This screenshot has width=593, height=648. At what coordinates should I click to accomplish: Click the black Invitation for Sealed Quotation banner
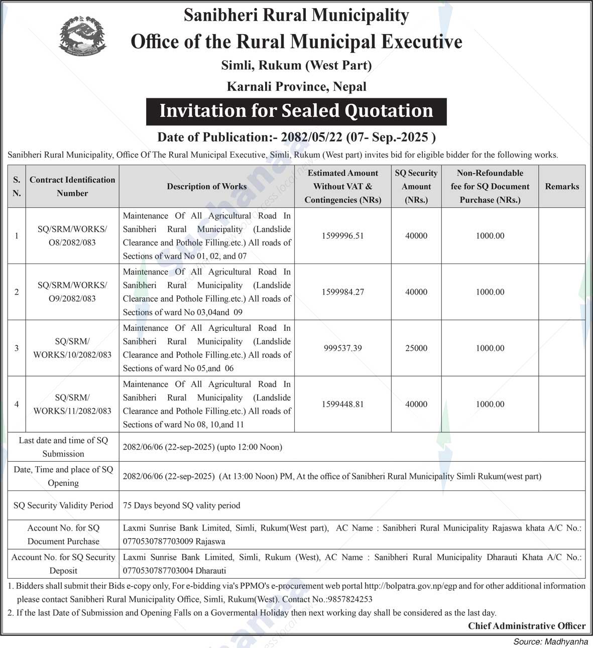(x=296, y=111)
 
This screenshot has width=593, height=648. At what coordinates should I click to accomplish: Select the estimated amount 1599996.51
(x=342, y=236)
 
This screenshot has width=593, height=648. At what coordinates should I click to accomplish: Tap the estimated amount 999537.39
(x=342, y=348)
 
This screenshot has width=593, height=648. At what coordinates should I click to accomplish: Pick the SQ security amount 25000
(x=416, y=348)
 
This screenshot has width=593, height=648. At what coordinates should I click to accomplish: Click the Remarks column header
(x=562, y=187)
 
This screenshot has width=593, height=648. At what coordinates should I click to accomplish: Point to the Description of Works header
(x=206, y=187)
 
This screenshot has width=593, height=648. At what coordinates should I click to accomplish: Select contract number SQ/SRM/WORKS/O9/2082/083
(x=72, y=292)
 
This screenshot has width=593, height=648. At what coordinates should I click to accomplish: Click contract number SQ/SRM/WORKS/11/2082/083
(x=72, y=405)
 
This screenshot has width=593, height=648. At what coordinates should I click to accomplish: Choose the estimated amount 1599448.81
(x=342, y=405)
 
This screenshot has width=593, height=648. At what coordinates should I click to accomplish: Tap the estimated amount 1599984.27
(x=342, y=292)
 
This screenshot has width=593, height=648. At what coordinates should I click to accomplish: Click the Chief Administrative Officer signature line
(x=527, y=626)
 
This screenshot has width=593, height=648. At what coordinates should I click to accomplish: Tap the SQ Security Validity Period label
(x=63, y=505)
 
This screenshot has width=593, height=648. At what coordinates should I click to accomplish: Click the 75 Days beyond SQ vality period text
(x=181, y=505)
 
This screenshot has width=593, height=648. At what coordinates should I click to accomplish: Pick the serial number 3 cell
(x=17, y=348)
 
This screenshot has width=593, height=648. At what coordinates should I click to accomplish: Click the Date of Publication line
(x=296, y=138)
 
